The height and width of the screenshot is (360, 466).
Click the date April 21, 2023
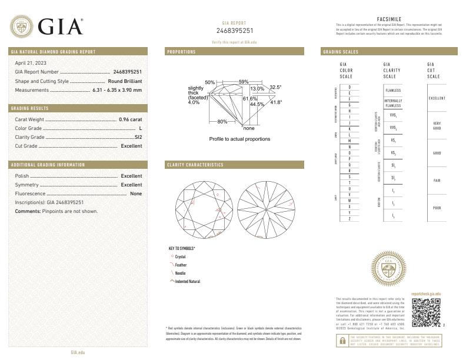[31, 62]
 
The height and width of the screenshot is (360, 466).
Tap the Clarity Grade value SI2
[138, 136]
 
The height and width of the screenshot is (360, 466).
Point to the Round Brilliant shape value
[125, 81]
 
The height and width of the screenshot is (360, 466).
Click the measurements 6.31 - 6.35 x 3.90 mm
[117, 90]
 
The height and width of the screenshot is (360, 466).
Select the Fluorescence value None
[136, 194]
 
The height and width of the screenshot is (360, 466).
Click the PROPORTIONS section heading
[181, 52]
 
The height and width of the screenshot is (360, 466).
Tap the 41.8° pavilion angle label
[275, 102]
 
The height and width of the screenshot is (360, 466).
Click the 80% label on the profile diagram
[222, 121]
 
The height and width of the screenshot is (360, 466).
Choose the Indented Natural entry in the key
[187, 282]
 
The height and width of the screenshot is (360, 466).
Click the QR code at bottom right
[425, 312]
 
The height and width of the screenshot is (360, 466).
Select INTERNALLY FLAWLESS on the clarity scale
[393, 103]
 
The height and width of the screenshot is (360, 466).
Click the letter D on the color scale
[349, 87]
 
